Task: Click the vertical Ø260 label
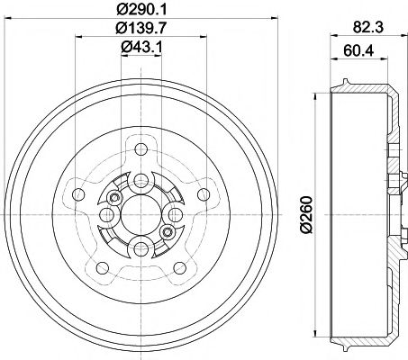coord(304,216)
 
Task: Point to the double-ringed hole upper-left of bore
coord(114,198)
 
